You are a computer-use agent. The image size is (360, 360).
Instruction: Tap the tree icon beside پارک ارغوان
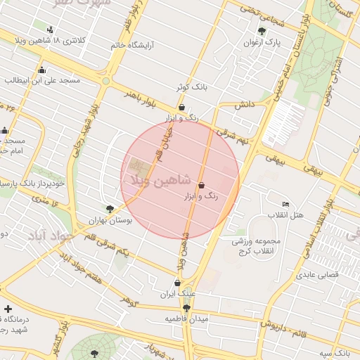tap(262, 31)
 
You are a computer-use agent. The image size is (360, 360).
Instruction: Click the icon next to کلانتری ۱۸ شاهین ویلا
tap(50, 30)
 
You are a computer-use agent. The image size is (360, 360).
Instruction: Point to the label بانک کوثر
tap(192, 89)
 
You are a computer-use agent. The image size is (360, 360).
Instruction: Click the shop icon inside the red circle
tap(202, 186)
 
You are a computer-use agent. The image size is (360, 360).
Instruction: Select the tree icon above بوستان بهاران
tap(110, 209)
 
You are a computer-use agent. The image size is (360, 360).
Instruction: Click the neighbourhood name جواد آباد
tap(51, 236)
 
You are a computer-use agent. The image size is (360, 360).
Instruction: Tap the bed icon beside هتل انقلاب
tap(285, 204)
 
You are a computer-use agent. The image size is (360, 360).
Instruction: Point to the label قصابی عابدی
tap(317, 275)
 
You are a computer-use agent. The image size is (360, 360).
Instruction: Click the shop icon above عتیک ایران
tap(177, 283)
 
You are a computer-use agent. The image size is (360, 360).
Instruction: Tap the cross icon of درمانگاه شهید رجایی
tap(7, 309)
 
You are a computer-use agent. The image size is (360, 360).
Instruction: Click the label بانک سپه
tap(334, 352)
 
